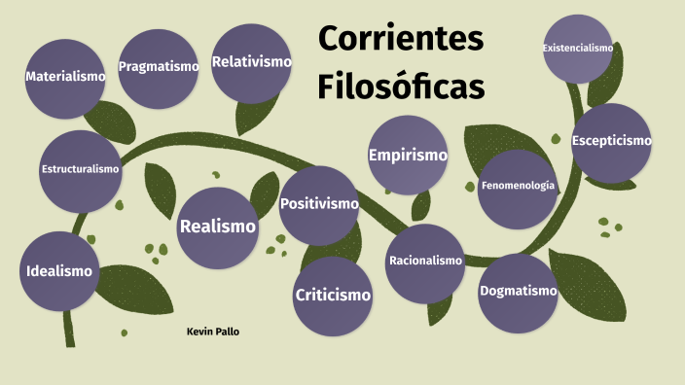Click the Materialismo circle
pos(65,76)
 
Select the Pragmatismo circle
pos(157,67)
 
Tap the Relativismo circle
pos(252,62)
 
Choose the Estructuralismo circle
pos(81,169)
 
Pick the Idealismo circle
pos(59,271)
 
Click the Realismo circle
pos(218,227)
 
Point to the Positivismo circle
pos(319,205)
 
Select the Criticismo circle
pos(333,295)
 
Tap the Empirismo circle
pos(408,155)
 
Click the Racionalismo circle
pos(425,262)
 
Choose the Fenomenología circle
pos(518,186)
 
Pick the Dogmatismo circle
pos(518,291)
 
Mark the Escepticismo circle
pos(611,141)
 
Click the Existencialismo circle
pos(578,49)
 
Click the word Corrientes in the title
pos(401,40)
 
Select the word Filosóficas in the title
pos(401,87)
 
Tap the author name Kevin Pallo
pos(212,332)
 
